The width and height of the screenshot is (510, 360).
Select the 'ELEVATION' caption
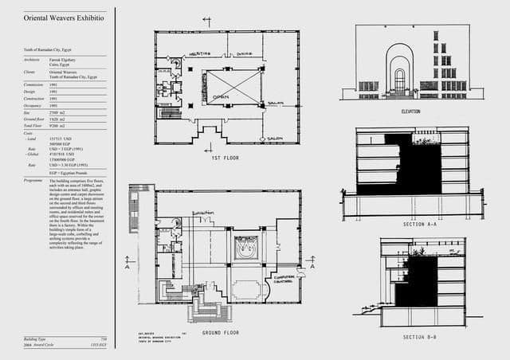(410, 112)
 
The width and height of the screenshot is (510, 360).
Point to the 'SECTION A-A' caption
(420, 225)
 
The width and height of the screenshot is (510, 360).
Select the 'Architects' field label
(33, 60)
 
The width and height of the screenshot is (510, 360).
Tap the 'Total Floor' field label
(33, 126)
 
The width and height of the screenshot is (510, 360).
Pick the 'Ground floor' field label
(35, 119)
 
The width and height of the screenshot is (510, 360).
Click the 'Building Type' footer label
(37, 339)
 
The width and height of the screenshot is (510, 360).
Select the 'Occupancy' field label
(33, 105)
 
